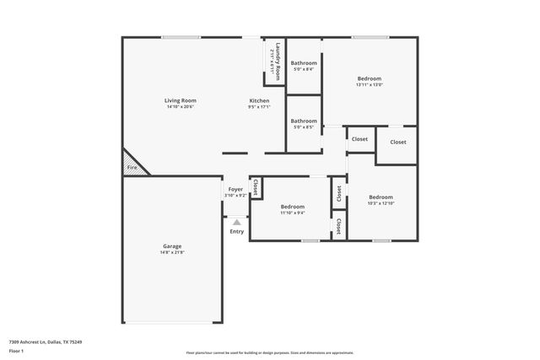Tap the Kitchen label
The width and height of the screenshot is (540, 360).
[259, 100]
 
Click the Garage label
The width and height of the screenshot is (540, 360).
[172, 246]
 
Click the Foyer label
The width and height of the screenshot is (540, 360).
[235, 190]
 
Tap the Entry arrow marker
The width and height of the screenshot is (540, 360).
[236, 223]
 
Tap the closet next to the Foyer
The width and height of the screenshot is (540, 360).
[255, 187]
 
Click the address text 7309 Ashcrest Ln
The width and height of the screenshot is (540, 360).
[46, 342]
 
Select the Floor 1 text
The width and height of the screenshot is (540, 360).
[16, 352]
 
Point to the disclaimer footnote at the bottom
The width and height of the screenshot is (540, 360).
[269, 352]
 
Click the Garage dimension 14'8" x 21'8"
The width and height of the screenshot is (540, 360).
[172, 252]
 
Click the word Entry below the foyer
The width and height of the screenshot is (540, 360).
[237, 232]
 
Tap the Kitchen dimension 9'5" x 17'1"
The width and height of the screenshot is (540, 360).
[259, 107]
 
